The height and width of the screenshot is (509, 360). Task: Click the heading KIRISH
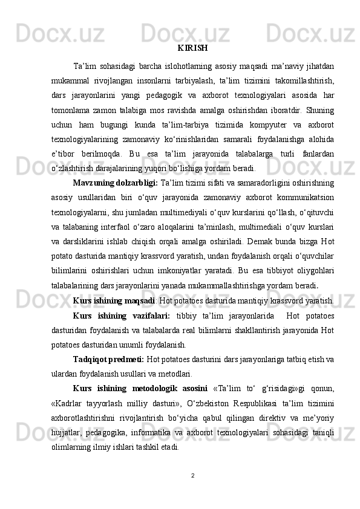(193, 48)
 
